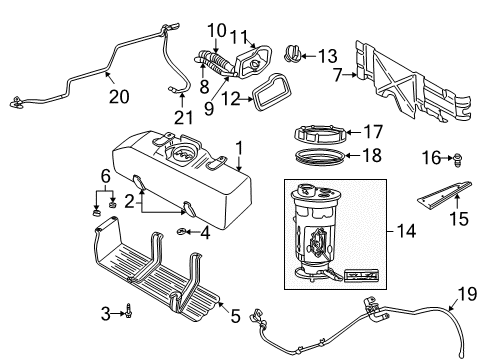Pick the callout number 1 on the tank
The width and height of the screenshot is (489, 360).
click(238, 149)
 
